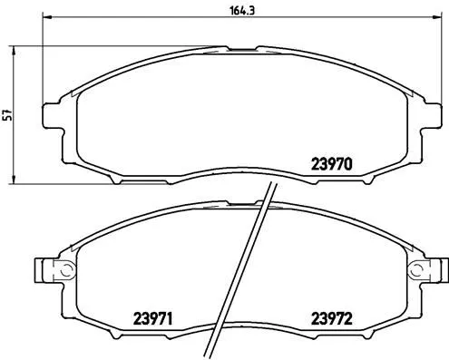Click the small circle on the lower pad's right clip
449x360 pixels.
pos(417,269)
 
